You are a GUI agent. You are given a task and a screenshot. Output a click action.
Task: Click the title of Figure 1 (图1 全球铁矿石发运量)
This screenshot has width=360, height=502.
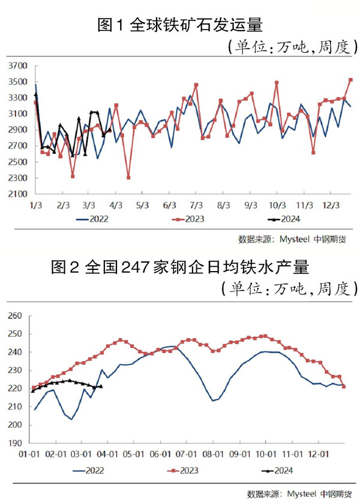click(180, 25)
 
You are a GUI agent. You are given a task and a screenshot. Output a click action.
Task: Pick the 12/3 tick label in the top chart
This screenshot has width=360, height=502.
click(331, 205)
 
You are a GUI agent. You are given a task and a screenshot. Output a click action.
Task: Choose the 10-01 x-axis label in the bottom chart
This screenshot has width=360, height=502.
click(265, 454)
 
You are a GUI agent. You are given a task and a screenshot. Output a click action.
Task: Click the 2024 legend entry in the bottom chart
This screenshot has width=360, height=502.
click(280, 470)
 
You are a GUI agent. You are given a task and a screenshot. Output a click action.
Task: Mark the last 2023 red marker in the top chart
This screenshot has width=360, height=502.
click(351, 80)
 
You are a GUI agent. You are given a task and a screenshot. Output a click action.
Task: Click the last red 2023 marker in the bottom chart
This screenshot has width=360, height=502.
click(344, 386)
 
